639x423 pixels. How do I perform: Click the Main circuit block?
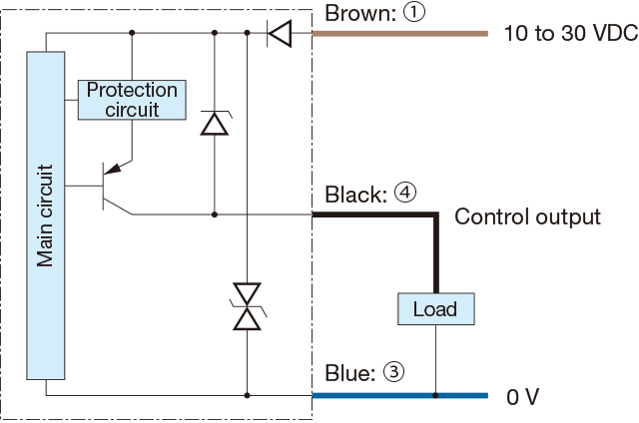coord(46,215)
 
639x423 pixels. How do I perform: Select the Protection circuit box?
coord(132,100)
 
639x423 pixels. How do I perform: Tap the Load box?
coord(436,309)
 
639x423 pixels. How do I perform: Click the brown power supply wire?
coord(400,34)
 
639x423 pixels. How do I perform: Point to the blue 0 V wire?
coord(400,395)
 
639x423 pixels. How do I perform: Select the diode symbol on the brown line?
coord(280,33)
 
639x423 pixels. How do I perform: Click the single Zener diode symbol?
coord(215,123)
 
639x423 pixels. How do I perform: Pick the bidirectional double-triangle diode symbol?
coord(247,306)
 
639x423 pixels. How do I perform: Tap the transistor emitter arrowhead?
coord(113,169)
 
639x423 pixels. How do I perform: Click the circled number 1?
coord(414,12)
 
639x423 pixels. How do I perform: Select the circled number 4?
coord(405,193)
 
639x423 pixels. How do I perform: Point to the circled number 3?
coord(393,371)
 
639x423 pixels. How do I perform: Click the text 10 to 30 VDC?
coord(571,33)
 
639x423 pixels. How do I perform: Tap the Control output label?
coord(527,216)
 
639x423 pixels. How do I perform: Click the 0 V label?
coord(523,396)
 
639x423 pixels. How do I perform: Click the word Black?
coord(355,195)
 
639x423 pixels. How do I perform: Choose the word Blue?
coord(349,373)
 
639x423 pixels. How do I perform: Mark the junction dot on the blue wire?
coord(435,395)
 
